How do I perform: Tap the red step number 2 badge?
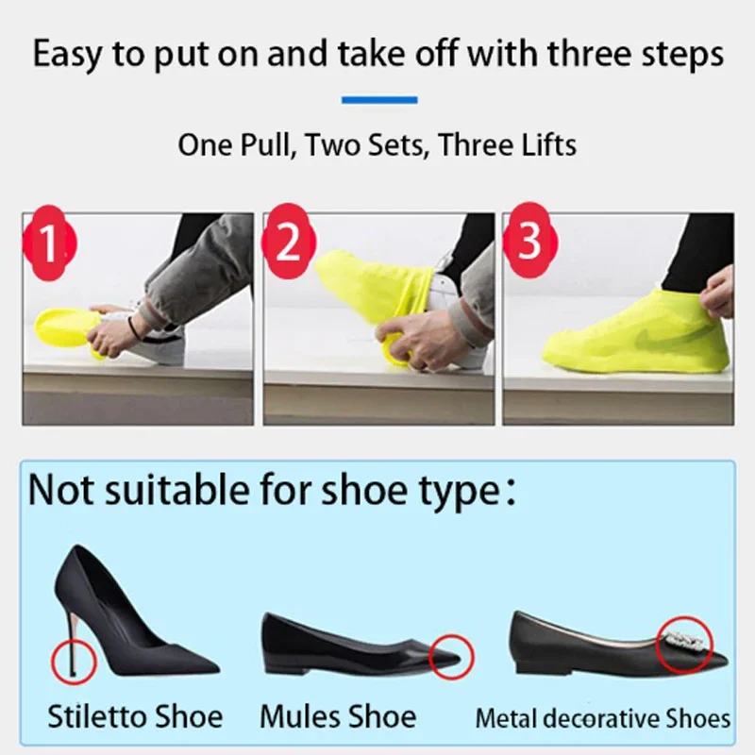(287, 243)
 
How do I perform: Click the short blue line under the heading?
(378, 99)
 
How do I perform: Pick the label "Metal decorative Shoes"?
(602, 718)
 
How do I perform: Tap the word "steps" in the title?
(677, 54)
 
